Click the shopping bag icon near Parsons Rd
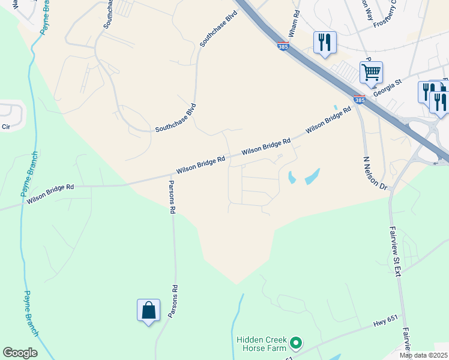[148, 311]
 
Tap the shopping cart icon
[372, 73]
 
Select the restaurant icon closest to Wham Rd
[325, 43]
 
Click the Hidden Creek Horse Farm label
[262, 344]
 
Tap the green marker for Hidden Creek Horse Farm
[295, 344]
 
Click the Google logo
[20, 353]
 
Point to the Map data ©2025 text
[423, 355]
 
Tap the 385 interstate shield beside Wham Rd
[283, 45]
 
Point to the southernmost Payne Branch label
[32, 313]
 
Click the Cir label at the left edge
[6, 127]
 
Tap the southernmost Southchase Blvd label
[175, 118]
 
